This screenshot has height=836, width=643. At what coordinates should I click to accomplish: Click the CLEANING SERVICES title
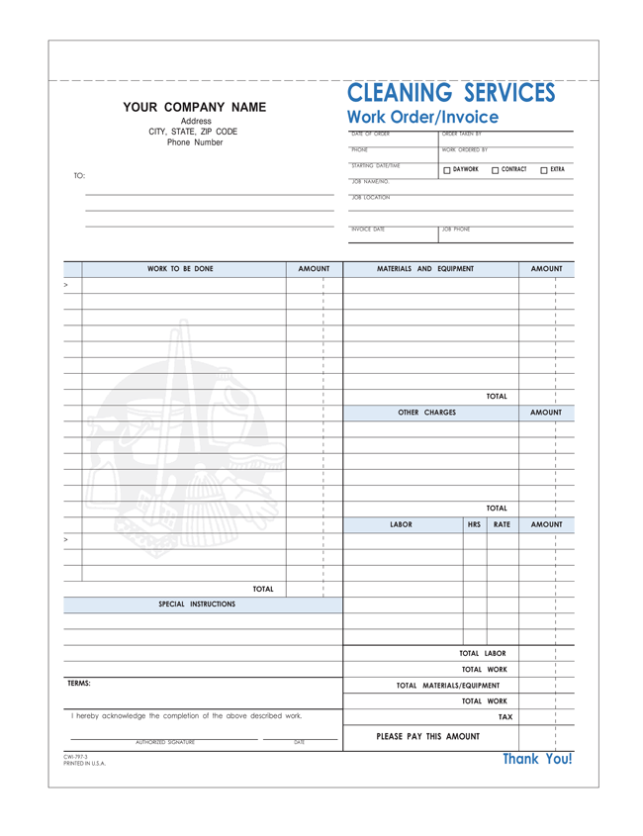click(x=451, y=93)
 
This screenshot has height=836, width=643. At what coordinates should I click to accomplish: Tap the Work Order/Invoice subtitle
click(x=422, y=118)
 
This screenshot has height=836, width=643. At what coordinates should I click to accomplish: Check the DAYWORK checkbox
click(x=447, y=170)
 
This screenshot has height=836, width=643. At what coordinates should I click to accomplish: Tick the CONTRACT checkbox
click(x=496, y=170)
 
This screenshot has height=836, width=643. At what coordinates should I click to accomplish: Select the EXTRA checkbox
click(x=544, y=170)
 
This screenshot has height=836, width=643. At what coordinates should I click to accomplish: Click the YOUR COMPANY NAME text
click(x=194, y=107)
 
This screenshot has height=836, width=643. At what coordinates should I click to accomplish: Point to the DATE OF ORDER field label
click(x=371, y=134)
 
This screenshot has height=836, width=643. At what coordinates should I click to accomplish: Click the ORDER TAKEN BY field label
click(x=462, y=134)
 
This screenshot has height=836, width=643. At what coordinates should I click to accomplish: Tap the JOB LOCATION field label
click(x=371, y=197)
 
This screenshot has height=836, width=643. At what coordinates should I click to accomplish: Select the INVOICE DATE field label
click(x=368, y=230)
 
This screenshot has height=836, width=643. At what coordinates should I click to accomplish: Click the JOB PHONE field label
click(x=456, y=230)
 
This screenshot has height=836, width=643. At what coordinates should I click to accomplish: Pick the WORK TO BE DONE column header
click(x=180, y=269)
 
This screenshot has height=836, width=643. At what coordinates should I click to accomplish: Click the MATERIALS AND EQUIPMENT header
click(x=425, y=269)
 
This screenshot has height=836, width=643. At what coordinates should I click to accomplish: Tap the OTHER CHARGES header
click(x=426, y=413)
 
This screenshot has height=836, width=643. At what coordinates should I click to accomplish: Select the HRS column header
click(x=474, y=525)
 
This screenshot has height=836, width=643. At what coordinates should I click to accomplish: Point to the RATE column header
click(x=502, y=525)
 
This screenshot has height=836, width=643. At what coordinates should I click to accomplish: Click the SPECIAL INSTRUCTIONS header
click(x=197, y=604)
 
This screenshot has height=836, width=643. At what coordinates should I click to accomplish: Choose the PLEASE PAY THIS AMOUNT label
click(x=428, y=736)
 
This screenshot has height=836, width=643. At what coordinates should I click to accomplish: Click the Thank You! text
click(x=537, y=759)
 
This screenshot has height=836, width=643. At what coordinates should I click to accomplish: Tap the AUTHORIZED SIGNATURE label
click(x=165, y=742)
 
